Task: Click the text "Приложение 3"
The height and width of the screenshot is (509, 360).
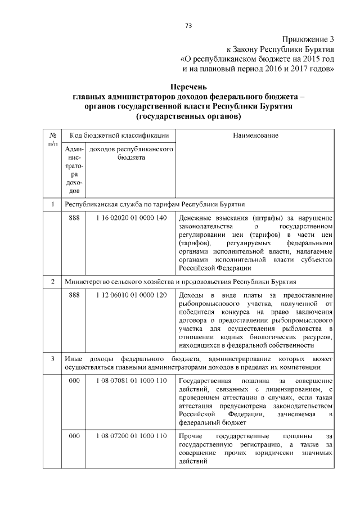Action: coord(308,39)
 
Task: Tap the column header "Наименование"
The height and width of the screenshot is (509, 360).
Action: coord(255,136)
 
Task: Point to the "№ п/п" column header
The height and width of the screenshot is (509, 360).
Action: coord(52,140)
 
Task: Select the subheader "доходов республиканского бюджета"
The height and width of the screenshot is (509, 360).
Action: coord(130,154)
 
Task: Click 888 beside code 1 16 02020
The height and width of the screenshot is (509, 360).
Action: coord(74,218)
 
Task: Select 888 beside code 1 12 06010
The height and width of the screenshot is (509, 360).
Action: coord(74,295)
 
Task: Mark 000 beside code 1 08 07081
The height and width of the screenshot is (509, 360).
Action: coord(74,381)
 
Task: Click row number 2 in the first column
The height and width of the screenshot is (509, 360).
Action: coord(52,281)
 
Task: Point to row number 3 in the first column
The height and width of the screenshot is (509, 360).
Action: coord(52,359)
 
